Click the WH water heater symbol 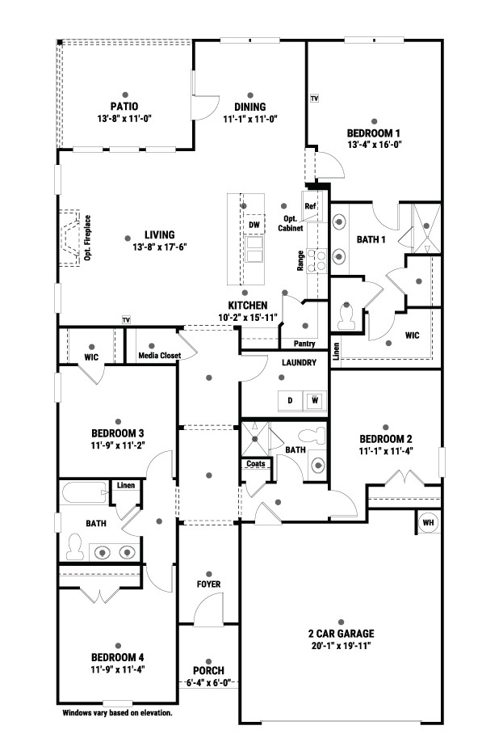[x=428, y=522]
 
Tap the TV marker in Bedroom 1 [x=314, y=99]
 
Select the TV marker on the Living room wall [x=126, y=320]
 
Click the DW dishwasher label [x=254, y=225]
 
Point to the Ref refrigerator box [x=310, y=206]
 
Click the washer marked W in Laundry [x=315, y=401]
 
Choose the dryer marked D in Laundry [x=291, y=401]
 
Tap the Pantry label [x=304, y=344]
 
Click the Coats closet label [x=256, y=463]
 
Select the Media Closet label [x=159, y=356]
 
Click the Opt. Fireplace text [x=87, y=238]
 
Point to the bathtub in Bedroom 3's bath [x=84, y=492]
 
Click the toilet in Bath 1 [x=346, y=316]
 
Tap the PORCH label [x=208, y=670]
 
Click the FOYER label [x=208, y=584]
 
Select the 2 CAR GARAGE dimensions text [x=342, y=646]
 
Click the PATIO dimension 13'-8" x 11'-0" [x=124, y=119]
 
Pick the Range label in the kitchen [x=300, y=261]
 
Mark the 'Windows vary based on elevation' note [x=117, y=713]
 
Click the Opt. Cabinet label [x=291, y=224]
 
